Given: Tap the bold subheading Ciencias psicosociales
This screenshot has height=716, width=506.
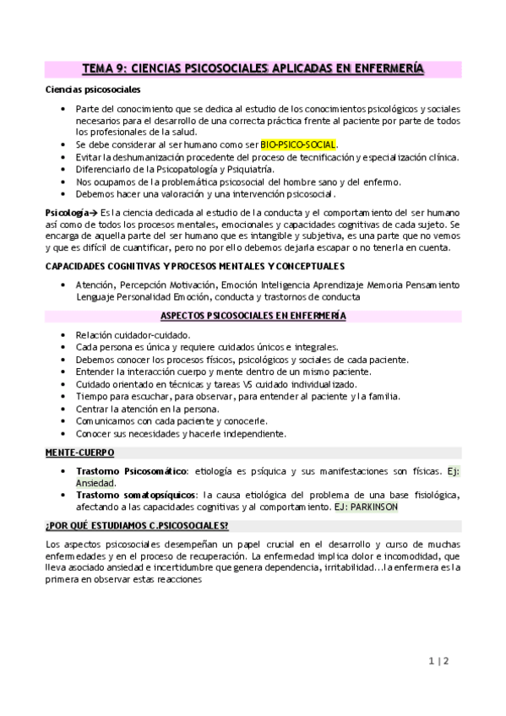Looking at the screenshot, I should [93, 89].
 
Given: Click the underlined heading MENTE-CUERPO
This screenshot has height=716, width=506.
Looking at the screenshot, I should [75, 453].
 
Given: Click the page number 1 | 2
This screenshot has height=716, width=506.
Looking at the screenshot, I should [438, 662].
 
